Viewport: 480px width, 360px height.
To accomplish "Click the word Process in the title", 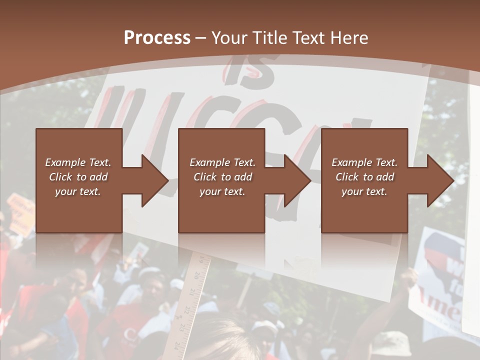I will (157, 37).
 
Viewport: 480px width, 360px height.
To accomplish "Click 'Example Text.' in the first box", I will (78, 162).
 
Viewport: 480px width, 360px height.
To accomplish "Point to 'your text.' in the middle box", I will (222, 191).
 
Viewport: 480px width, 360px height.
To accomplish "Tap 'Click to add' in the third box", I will (365, 177).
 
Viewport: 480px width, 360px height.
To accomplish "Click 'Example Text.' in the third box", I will (364, 162).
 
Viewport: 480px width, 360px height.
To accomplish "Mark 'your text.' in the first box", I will (78, 191).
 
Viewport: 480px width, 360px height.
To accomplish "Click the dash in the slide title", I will (201, 38).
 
